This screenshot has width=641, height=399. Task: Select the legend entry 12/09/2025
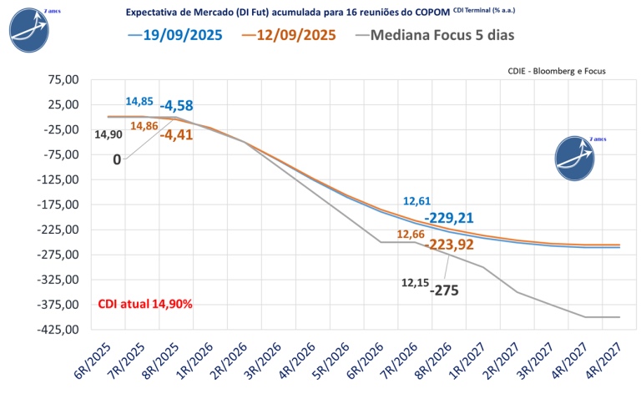click(295, 35)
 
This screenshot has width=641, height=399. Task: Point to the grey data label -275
click(444, 290)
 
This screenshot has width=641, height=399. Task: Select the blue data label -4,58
click(176, 105)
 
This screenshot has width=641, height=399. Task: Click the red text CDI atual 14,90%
click(145, 304)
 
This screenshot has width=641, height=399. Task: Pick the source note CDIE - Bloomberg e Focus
click(556, 72)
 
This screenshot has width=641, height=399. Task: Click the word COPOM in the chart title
click(427, 13)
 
